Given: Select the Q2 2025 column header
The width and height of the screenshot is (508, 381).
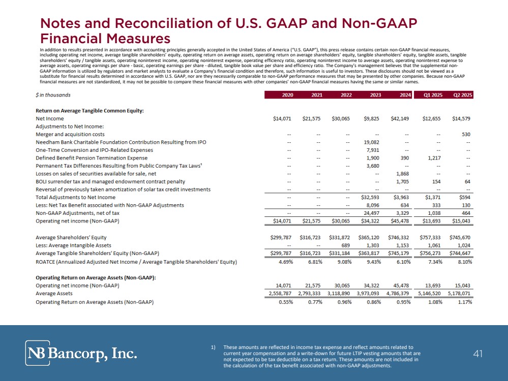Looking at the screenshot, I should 463,95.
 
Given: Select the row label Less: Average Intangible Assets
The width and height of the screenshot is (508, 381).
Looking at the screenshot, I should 73,245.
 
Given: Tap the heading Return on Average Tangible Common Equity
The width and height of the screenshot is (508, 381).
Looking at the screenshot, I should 89,110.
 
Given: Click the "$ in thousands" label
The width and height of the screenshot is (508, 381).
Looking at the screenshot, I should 53,95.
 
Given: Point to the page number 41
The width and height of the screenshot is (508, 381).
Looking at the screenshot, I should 477,354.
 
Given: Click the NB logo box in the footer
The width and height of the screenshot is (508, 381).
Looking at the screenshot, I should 38,353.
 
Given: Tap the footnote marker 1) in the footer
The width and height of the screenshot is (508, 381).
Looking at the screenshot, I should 214,347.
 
